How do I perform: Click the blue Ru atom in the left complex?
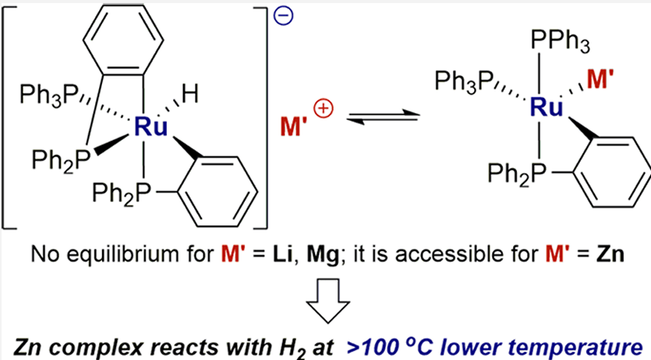pyautogui.click(x=150, y=127)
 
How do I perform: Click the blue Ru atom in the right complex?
pyautogui.click(x=547, y=106)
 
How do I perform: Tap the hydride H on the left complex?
pyautogui.click(x=189, y=94)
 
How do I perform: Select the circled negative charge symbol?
pyautogui.click(x=284, y=16)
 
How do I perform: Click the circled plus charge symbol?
pyautogui.click(x=324, y=110)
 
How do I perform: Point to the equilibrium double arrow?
pyautogui.click(x=382, y=117)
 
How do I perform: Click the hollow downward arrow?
pyautogui.click(x=327, y=301)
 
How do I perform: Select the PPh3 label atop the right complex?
pyautogui.click(x=560, y=42)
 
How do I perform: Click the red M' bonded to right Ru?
pyautogui.click(x=600, y=80)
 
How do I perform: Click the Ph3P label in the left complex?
pyautogui.click(x=48, y=96)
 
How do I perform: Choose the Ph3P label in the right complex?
pyautogui.click(x=464, y=80)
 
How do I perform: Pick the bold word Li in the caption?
pyautogui.click(x=282, y=254)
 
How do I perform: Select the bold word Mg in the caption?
pyautogui.click(x=323, y=255)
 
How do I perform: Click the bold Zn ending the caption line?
pyautogui.click(x=610, y=254)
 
